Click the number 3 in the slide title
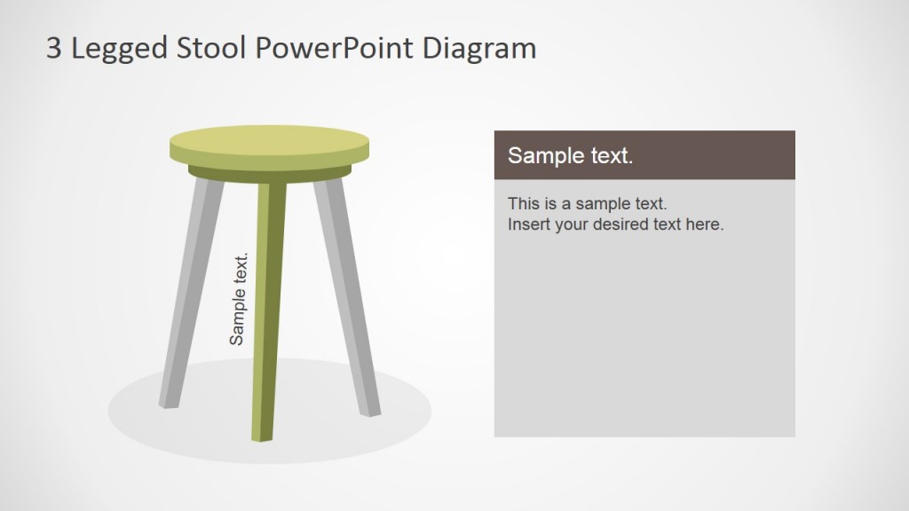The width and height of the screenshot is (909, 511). click(54, 48)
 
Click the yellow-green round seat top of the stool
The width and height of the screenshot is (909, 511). click(269, 144)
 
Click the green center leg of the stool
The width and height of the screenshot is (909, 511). click(267, 311)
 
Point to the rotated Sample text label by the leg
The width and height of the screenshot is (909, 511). click(238, 299)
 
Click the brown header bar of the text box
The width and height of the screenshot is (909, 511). click(710, 155)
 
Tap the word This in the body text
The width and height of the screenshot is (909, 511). click(523, 204)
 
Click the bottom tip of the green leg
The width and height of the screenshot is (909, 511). click(262, 435)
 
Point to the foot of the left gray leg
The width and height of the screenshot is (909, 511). click(169, 402)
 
